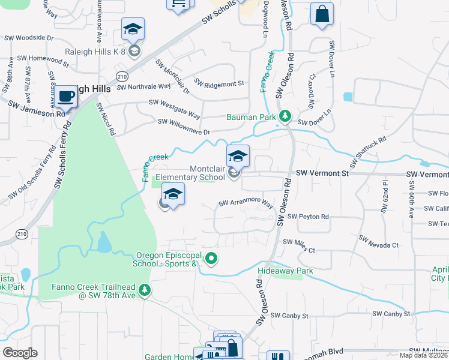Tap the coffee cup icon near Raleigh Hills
pyautogui.click(x=67, y=96)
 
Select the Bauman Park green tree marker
pyautogui.click(x=287, y=115)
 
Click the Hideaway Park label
pyautogui.click(x=285, y=271)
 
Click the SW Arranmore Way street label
pyautogui.click(x=246, y=204)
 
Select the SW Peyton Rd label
pyautogui.click(x=308, y=217)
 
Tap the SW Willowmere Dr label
pyautogui.click(x=184, y=127)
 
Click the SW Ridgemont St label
pyautogui.click(x=220, y=83)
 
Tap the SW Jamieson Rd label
pyautogui.click(x=36, y=109)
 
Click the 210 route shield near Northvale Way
pyautogui.click(x=122, y=77)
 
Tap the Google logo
pyautogui.click(x=20, y=352)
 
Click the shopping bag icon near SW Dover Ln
pyautogui.click(x=322, y=14)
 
